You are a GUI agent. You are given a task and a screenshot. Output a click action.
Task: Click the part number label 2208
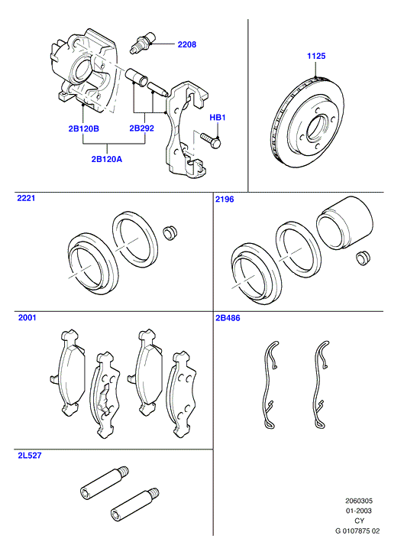187,44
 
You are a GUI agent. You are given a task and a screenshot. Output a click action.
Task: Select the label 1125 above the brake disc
316,56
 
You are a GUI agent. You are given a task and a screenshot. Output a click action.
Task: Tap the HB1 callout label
218,118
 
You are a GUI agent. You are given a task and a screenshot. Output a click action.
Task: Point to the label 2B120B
83,128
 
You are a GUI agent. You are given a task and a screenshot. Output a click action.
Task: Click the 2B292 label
141,128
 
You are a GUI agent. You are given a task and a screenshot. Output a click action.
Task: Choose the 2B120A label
107,159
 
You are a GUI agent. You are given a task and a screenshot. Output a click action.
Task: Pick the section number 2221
26,198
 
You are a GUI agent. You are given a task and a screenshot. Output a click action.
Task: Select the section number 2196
225,199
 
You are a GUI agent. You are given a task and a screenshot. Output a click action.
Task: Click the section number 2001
27,317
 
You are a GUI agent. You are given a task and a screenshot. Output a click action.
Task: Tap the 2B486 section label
228,318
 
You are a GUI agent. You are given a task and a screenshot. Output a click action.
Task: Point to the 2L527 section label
30,456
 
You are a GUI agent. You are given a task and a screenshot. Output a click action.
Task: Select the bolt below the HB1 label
210,140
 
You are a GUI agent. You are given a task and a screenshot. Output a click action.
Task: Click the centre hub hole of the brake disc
318,128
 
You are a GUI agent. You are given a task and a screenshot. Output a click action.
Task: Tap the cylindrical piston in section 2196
344,223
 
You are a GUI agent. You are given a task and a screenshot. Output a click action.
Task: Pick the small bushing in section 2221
170,232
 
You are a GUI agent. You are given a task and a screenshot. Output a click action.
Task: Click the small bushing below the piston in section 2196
363,258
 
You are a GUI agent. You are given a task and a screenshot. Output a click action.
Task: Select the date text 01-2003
359,511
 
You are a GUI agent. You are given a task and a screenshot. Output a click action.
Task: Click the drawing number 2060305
359,501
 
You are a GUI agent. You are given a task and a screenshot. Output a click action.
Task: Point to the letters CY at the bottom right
360,521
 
